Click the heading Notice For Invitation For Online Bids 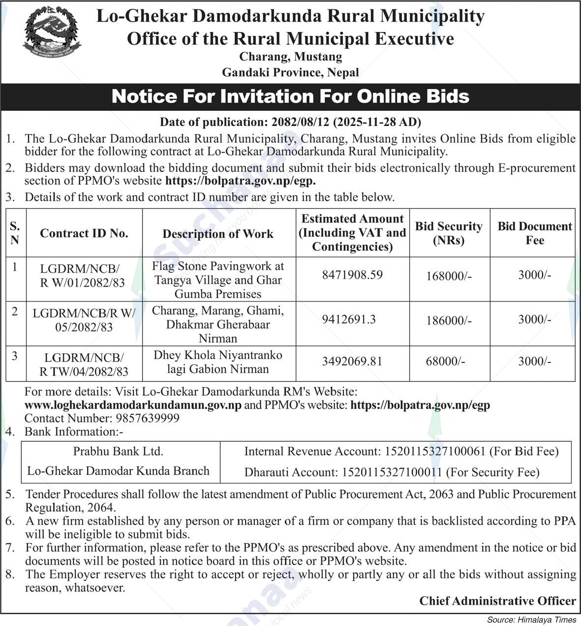point(290,96)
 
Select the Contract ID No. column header point(84,233)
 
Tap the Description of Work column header point(218,233)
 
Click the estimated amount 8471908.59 point(352,275)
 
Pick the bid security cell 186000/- point(449,320)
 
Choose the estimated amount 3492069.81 point(352,362)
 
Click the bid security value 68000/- point(445,362)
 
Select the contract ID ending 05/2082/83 point(84,320)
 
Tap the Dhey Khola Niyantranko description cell point(218,362)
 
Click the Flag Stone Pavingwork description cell point(218,280)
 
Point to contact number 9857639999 point(148,419)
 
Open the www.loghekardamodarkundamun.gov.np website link point(133,405)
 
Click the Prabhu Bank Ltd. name point(118,451)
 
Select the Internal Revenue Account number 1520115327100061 point(435,451)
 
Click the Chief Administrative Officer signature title point(497,601)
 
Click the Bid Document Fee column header point(535,233)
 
